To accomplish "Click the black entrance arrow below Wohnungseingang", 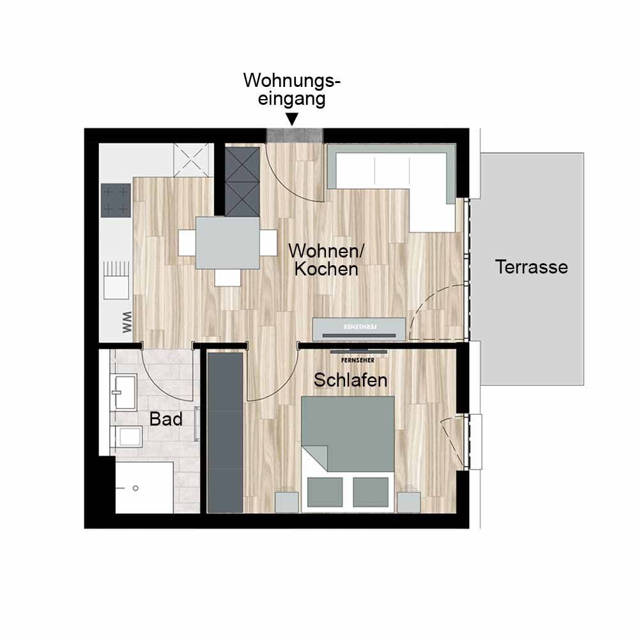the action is (x=292, y=119).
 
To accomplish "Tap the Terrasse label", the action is (x=532, y=267).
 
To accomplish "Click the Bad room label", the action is (x=166, y=419).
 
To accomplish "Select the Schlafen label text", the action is (x=350, y=380).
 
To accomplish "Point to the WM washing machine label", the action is (x=127, y=322).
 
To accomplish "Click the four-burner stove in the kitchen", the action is (x=115, y=200).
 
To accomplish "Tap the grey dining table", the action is (x=227, y=243).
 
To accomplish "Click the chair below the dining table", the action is (x=227, y=277).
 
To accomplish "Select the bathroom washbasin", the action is (x=124, y=392).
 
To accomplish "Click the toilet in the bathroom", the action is (x=128, y=437).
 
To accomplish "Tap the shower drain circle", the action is (x=135, y=488).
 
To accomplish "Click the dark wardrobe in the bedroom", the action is (x=225, y=433).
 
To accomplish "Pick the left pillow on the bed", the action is (x=325, y=492).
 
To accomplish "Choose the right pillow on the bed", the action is (x=371, y=492).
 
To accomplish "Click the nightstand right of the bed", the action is (x=409, y=502).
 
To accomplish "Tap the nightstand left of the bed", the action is (x=286, y=502).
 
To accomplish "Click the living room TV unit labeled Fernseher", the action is (x=359, y=329).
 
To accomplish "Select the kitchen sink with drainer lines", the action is (x=116, y=281).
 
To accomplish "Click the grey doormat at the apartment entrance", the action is (x=295, y=135).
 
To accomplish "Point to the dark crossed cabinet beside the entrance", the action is (x=242, y=181).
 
